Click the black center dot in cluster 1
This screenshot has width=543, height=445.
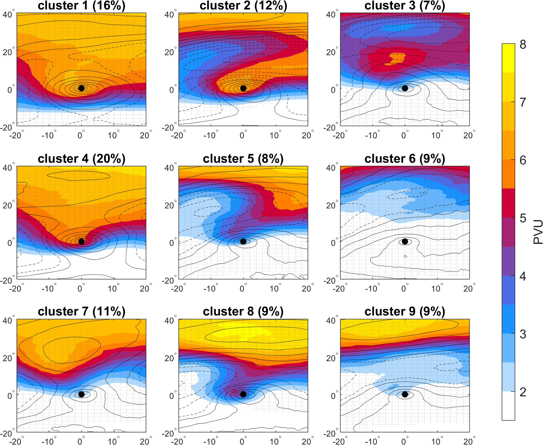[x=81, y=88]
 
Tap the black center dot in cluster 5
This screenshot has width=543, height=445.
[x=243, y=241]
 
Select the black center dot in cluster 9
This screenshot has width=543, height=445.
[x=405, y=394]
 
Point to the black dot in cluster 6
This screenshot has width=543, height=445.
[x=405, y=241]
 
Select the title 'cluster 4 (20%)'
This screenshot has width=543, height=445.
[x=82, y=159]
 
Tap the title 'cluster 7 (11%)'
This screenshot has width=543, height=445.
[x=82, y=312]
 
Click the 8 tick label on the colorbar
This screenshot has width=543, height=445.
[x=523, y=45]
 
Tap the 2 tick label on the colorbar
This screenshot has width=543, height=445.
[x=523, y=392]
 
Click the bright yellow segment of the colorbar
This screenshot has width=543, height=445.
[x=508, y=58]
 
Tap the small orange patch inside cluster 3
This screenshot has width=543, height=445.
[x=396, y=58]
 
